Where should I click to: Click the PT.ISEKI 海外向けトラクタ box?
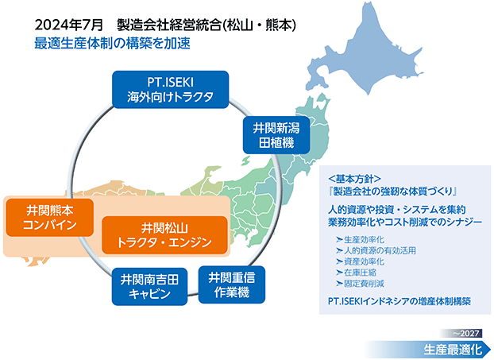[x=171, y=90]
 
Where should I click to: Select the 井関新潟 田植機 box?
[x=276, y=136]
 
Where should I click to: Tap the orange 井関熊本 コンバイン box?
[x=50, y=218]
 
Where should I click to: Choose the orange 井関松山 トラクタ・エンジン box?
[x=164, y=235]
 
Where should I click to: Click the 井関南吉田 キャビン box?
[x=149, y=287]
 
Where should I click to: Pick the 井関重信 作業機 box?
[x=232, y=285]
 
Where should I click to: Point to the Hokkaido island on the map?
[x=365, y=50]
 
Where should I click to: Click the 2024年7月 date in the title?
[x=68, y=25]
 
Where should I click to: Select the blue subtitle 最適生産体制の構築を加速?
[x=112, y=44]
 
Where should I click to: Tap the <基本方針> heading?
[x=354, y=179]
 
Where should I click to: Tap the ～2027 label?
[x=466, y=333]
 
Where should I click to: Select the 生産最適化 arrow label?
[x=453, y=350]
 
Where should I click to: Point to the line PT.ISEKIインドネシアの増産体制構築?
[x=399, y=301]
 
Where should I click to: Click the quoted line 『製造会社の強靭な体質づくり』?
[x=392, y=191]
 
